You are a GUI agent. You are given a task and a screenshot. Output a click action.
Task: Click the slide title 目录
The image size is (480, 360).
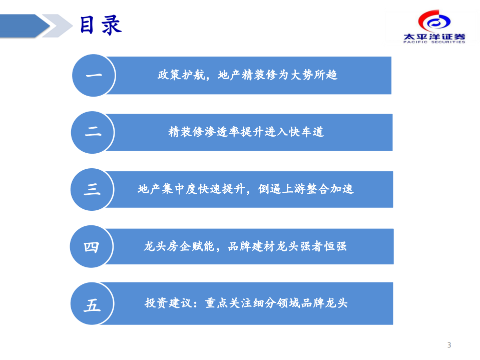[x=101, y=25]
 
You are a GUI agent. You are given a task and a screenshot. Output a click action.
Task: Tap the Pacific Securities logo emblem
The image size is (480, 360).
[x=434, y=21]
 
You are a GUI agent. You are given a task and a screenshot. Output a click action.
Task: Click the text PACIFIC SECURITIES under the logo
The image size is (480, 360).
[x=434, y=42]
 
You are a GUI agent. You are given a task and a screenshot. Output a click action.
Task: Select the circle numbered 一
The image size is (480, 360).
[x=94, y=76]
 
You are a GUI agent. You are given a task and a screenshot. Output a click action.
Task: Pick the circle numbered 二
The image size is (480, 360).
[x=93, y=132]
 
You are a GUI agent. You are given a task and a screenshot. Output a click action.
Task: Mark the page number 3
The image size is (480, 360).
[x=449, y=345]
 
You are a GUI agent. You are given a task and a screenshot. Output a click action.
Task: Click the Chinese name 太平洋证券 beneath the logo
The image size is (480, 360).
[x=434, y=36]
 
